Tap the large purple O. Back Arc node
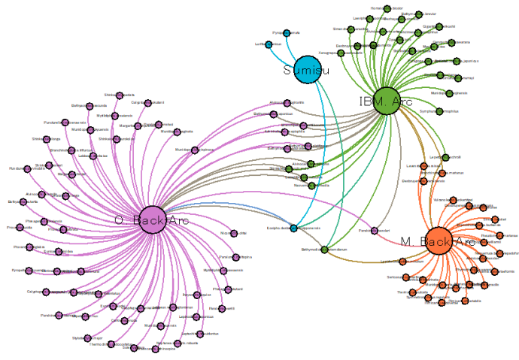[x=153, y=219]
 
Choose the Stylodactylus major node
[x=87, y=338]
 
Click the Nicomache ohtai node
[x=233, y=234]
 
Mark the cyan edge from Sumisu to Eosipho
[x=320, y=150]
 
